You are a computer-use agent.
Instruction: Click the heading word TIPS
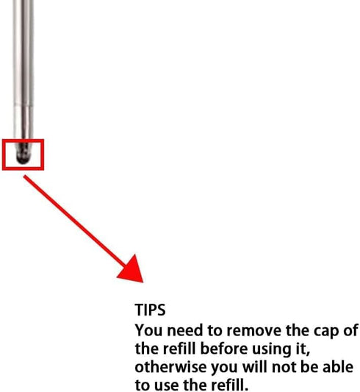(150, 310)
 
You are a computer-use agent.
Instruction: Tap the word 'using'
(273, 350)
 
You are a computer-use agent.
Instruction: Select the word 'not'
(284, 367)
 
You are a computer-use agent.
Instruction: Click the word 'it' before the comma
(301, 349)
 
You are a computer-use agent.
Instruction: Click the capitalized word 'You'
(149, 330)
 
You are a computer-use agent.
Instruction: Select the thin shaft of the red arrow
(74, 221)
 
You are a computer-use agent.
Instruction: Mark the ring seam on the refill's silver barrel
(24, 105)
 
